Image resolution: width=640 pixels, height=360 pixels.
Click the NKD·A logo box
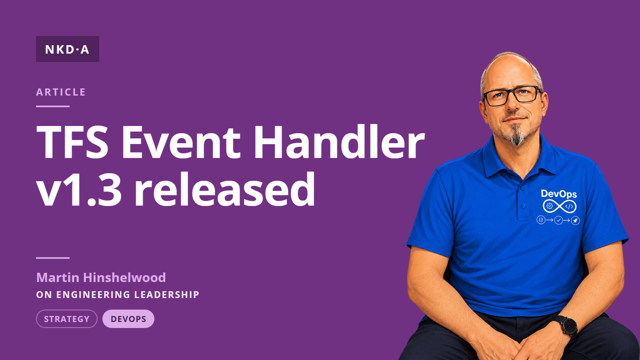point(68,49)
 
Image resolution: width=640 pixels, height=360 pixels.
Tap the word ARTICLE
point(61,92)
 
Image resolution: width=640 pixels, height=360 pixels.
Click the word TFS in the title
point(72,142)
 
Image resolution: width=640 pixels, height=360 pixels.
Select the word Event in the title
point(181,142)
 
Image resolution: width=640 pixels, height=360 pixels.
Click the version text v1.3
point(79,190)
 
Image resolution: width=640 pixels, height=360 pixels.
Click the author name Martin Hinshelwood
point(101,278)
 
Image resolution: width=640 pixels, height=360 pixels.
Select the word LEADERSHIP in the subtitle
point(166,294)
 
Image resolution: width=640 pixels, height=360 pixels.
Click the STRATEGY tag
point(66,319)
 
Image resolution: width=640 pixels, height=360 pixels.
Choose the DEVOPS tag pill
point(128,319)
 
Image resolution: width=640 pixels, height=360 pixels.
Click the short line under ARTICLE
point(53,106)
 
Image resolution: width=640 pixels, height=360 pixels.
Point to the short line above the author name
point(53,258)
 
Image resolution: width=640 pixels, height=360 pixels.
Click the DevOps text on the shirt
point(559,194)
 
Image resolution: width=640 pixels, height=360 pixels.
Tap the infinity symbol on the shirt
point(559,206)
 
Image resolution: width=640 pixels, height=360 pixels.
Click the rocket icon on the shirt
point(575,220)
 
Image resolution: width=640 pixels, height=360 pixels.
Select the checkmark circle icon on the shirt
point(558,220)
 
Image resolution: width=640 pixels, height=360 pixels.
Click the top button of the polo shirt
point(523,188)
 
